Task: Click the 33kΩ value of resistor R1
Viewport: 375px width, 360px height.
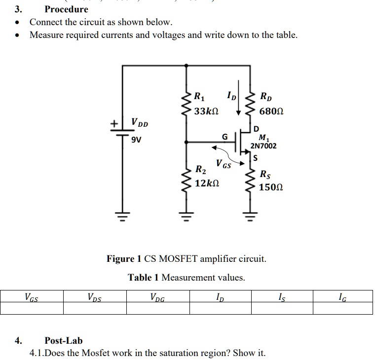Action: pyautogui.click(x=206, y=111)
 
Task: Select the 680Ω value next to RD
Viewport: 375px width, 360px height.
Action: pyautogui.click(x=271, y=111)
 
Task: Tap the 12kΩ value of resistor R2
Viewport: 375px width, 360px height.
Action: pyautogui.click(x=207, y=183)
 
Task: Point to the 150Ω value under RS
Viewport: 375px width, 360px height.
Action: pyautogui.click(x=271, y=187)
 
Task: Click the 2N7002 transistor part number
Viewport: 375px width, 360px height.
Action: pyautogui.click(x=263, y=146)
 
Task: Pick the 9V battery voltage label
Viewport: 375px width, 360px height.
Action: pyautogui.click(x=136, y=140)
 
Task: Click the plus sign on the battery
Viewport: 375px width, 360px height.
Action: pyautogui.click(x=114, y=124)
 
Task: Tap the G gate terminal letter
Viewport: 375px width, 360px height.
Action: pyautogui.click(x=225, y=137)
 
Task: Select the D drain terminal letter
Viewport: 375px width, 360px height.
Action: pyautogui.click(x=256, y=129)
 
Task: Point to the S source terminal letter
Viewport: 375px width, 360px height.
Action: pyautogui.click(x=256, y=158)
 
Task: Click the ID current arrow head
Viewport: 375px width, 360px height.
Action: pyautogui.click(x=238, y=113)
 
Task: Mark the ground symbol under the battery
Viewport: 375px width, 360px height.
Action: pyautogui.click(x=122, y=216)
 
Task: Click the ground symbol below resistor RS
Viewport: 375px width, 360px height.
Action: pyautogui.click(x=250, y=216)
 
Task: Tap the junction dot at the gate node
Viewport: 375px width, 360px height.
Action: pyautogui.click(x=187, y=142)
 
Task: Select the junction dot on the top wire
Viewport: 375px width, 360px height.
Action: pyautogui.click(x=187, y=65)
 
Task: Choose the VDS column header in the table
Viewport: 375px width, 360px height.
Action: pyautogui.click(x=94, y=297)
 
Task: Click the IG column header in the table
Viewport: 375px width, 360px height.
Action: pyautogui.click(x=342, y=297)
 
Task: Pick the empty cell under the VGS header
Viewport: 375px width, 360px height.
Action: pyautogui.click(x=32, y=308)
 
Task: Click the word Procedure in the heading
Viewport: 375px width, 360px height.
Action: pyautogui.click(x=67, y=9)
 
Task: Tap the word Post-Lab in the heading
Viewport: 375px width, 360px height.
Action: pyautogui.click(x=64, y=340)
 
